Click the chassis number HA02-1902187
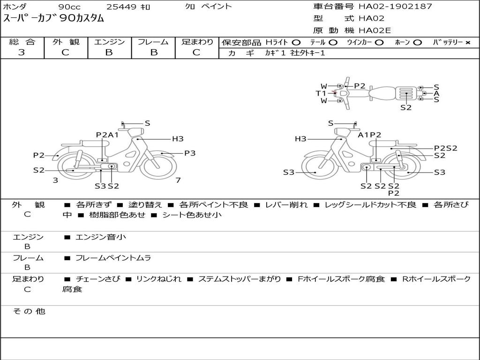pyautogui.click(x=395, y=7)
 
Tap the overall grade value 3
pyautogui.click(x=22, y=52)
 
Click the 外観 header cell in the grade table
pyautogui.click(x=66, y=42)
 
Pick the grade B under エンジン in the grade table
pyautogui.click(x=109, y=52)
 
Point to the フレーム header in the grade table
pyautogui.click(x=153, y=42)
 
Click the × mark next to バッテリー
pyautogui.click(x=468, y=43)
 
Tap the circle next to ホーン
pyautogui.click(x=417, y=43)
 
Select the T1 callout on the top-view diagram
pyautogui.click(x=321, y=93)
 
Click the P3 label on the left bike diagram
pyautogui.click(x=190, y=153)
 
